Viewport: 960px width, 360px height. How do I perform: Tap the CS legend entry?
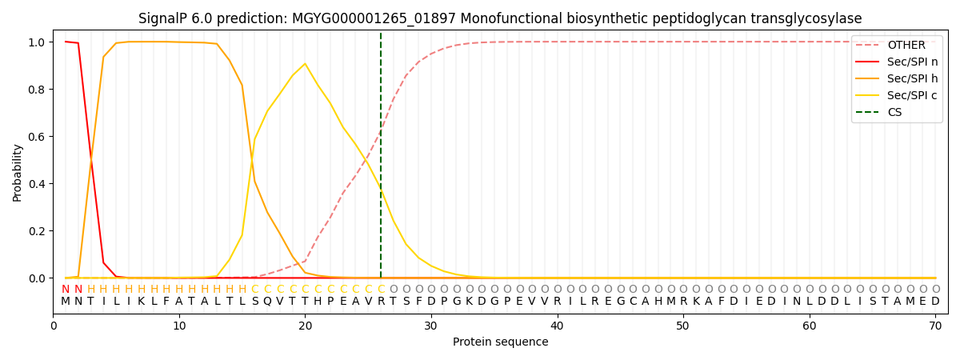(894, 112)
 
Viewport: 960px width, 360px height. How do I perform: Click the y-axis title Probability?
(18, 172)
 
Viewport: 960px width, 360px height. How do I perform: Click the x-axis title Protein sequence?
(500, 342)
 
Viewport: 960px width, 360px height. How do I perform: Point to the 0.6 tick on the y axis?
(37, 137)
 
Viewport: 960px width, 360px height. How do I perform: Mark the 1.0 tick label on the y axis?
(37, 42)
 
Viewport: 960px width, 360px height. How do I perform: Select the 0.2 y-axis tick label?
(37, 231)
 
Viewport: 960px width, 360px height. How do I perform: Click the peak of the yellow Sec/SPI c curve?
(305, 64)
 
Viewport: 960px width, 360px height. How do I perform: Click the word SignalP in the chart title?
(164, 18)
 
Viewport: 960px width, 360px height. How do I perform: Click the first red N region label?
(66, 290)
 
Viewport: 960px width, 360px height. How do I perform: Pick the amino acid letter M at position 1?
(66, 302)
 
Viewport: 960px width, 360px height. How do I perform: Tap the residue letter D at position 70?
(935, 302)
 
